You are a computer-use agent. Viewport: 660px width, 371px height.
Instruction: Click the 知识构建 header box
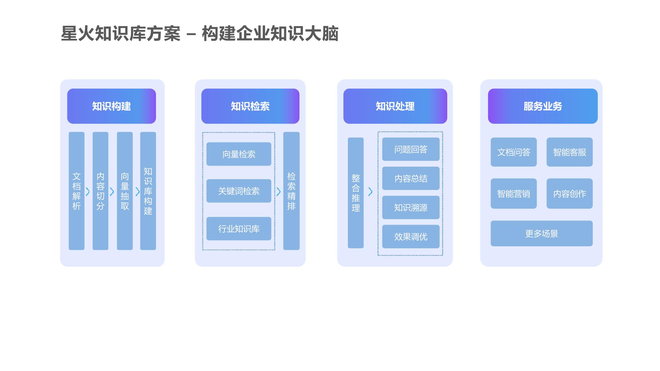click(111, 106)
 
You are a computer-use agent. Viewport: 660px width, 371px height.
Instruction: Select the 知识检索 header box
click(250, 106)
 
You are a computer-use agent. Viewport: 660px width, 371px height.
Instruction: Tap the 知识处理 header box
click(395, 106)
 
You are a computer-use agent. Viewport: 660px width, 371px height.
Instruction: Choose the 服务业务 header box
click(542, 106)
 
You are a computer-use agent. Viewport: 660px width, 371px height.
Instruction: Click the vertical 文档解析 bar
click(76, 191)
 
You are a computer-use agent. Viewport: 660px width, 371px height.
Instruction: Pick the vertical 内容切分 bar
click(100, 191)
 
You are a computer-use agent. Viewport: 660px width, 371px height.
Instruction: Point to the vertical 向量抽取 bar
click(125, 191)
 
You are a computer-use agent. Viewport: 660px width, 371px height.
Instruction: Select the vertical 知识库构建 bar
click(148, 191)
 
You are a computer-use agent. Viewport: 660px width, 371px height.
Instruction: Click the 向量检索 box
click(239, 154)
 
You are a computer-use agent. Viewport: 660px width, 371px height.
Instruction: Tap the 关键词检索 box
click(239, 191)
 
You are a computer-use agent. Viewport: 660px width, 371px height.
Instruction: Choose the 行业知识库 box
click(239, 228)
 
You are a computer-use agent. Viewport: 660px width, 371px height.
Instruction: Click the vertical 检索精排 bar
click(291, 191)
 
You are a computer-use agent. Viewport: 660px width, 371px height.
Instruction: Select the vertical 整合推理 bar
click(355, 193)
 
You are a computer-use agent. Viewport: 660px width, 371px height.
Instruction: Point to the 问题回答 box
click(411, 149)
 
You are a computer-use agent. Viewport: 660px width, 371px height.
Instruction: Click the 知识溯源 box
click(411, 207)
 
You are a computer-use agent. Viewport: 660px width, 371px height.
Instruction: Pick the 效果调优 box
click(411, 236)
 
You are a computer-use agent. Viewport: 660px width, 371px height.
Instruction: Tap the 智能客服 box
click(569, 152)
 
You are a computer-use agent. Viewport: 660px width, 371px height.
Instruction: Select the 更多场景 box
click(541, 233)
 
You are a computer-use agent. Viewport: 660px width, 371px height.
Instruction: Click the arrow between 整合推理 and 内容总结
click(370, 192)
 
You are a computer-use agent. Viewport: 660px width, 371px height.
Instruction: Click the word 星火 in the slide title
click(77, 34)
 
